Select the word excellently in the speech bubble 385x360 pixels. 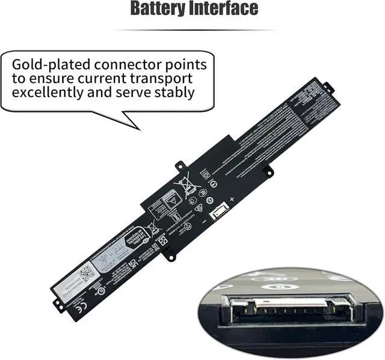click(x=54, y=93)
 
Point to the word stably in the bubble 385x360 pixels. click(x=174, y=93)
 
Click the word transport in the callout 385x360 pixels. click(x=163, y=78)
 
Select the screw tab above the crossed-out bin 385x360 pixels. click(x=179, y=164)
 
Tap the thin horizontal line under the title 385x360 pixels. click(x=193, y=29)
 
